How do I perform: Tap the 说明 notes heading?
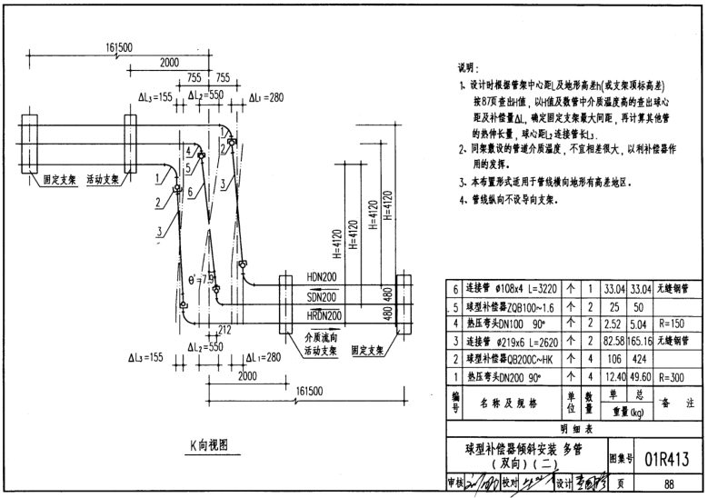click(x=470, y=68)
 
